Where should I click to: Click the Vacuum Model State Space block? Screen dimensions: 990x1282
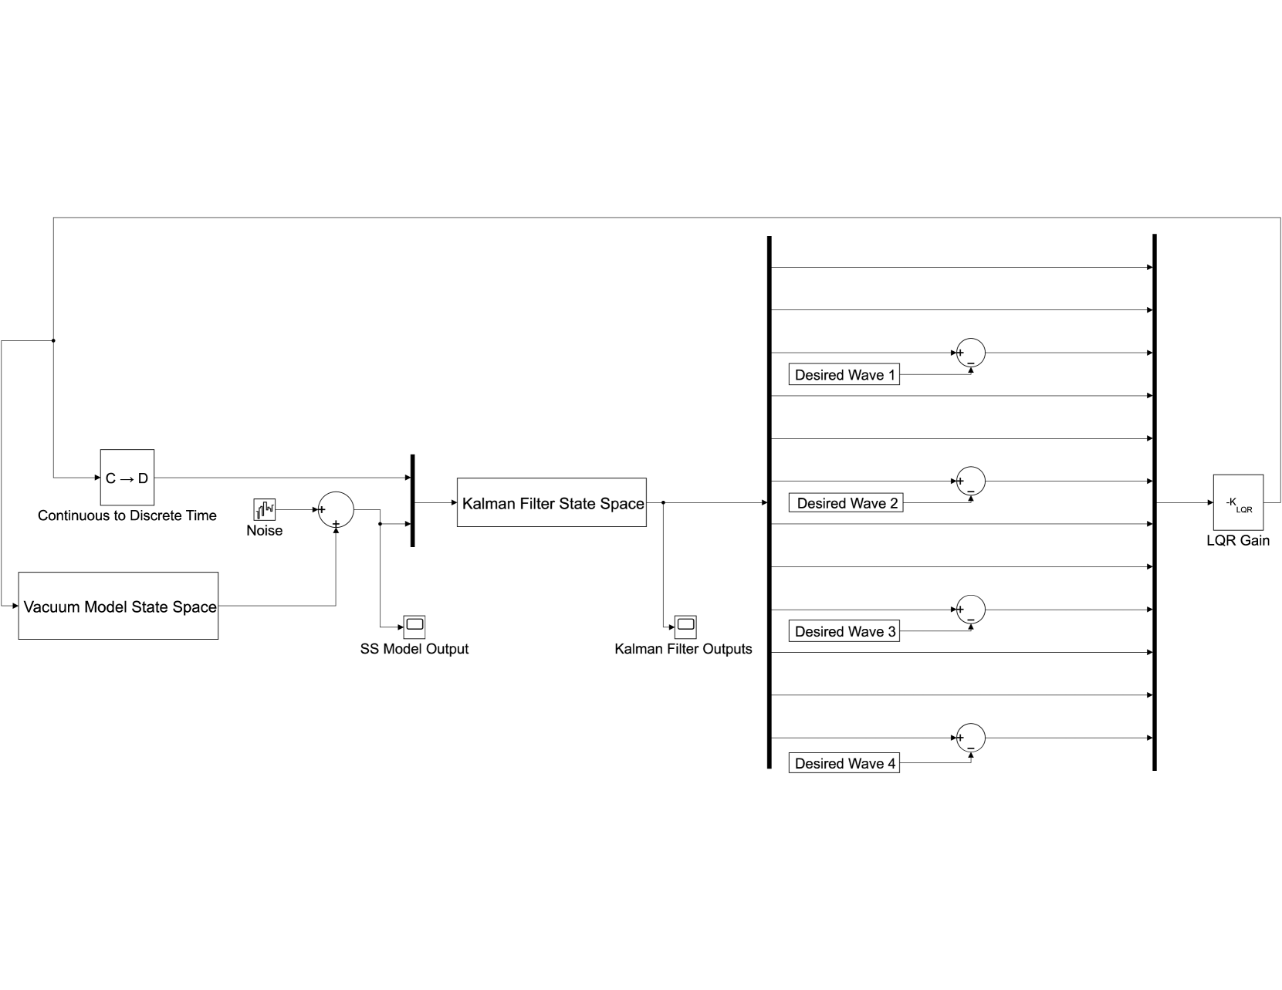pos(118,606)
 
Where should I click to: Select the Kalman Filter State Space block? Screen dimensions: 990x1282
pos(551,502)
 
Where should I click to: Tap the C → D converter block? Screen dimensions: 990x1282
pos(127,478)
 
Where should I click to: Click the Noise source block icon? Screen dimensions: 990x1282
pos(264,509)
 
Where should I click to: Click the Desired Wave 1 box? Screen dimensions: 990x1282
pos(844,374)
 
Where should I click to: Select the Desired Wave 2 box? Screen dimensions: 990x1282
pos(846,503)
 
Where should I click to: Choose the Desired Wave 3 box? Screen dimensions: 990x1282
pos(844,631)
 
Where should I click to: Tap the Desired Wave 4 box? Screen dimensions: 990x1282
pos(844,763)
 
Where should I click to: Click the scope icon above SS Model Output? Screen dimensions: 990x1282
pos(414,625)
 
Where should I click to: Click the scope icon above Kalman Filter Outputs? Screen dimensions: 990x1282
pos(685,625)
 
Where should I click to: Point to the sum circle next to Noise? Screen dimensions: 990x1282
pos(336,509)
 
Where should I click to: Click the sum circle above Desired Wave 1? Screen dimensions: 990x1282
pos(971,353)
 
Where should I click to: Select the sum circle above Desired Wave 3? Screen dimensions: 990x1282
pos(971,610)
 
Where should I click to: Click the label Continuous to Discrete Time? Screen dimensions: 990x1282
pos(127,515)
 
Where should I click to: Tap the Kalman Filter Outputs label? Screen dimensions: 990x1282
pos(683,649)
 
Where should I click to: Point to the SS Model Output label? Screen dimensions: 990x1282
pos(414,649)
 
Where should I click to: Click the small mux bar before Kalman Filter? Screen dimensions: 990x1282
pos(412,501)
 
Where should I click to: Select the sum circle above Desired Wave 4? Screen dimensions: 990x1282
pos(971,738)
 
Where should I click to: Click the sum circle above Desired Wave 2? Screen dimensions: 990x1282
pos(971,481)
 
